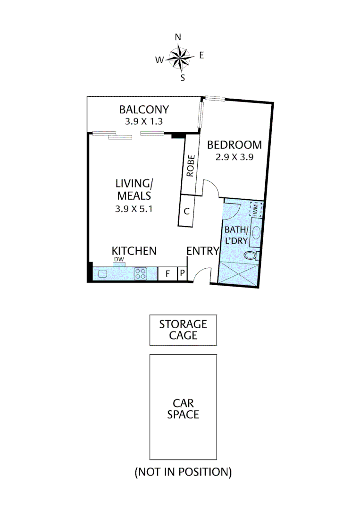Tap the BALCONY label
coord(144,110)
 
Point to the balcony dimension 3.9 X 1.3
coord(144,121)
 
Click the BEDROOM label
coord(234,145)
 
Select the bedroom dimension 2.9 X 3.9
coord(234,158)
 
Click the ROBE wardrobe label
coord(191,166)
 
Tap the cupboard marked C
coord(187,212)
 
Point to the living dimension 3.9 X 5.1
coord(134,209)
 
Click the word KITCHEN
coord(134,251)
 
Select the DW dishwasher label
coord(118,260)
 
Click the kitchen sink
coord(103,274)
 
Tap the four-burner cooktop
coord(141,274)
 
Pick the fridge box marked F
coord(167,274)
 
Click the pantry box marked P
coord(182,274)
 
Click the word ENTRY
coord(203,251)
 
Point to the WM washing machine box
coord(255,209)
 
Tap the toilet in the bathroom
coord(250,256)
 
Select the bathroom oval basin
coord(256,233)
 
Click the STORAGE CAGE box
coord(183,330)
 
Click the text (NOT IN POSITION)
coord(183,472)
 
